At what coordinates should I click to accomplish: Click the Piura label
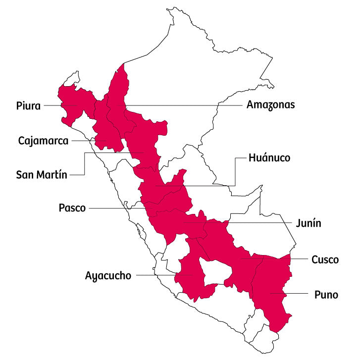pos(28,105)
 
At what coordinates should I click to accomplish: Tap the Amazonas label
pos(270,105)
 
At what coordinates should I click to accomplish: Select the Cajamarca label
pos(43,141)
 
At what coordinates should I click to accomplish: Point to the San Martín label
pos(41,174)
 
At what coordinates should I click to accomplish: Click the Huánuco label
pos(269,158)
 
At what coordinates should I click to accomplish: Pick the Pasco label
pos(72,208)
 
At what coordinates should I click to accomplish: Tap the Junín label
pos(309,223)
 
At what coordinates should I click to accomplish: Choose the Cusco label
pos(325,259)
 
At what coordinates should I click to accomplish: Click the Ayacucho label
pos(108,275)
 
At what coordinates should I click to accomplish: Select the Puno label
pos(326,295)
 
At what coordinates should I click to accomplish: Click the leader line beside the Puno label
pos(292,294)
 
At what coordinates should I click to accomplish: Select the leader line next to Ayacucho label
pos(154,275)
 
